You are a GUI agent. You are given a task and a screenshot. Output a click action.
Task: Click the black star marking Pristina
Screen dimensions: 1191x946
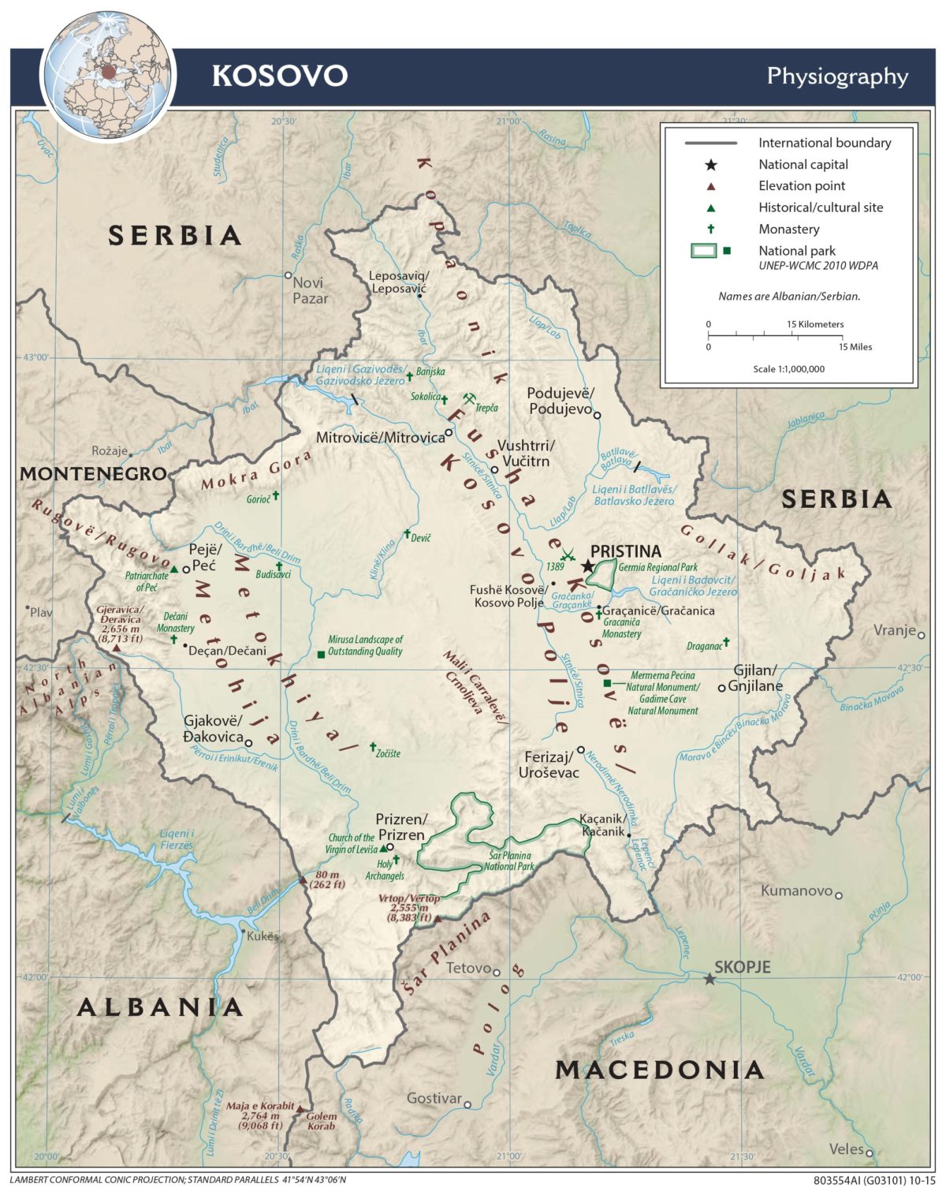click(588, 566)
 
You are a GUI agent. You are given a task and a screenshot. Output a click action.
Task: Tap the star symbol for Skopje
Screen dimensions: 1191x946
click(709, 979)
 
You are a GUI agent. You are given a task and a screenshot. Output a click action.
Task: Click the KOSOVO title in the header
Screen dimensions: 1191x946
click(280, 76)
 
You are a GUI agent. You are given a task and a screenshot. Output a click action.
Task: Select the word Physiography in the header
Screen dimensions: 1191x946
click(837, 76)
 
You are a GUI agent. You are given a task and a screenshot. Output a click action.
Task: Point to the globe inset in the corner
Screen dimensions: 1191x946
click(107, 74)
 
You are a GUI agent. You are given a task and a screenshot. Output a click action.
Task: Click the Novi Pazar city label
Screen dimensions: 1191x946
click(309, 290)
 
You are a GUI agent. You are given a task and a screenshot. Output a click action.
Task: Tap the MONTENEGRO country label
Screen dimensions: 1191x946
click(93, 473)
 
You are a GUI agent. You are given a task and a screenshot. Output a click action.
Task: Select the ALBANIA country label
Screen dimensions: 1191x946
click(161, 1007)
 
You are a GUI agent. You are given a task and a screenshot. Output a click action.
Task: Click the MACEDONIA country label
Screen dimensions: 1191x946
click(660, 1070)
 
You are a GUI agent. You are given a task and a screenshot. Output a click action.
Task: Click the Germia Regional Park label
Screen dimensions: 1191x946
click(658, 567)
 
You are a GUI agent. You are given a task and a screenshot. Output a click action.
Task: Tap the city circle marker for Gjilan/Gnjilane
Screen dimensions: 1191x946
click(721, 688)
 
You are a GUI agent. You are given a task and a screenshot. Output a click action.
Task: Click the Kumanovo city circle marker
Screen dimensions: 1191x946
click(839, 895)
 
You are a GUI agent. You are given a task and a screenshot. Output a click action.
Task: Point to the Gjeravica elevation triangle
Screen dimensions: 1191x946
click(117, 648)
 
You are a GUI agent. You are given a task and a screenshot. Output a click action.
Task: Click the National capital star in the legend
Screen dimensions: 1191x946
click(710, 165)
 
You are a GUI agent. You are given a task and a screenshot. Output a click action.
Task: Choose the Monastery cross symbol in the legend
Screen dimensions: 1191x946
click(710, 229)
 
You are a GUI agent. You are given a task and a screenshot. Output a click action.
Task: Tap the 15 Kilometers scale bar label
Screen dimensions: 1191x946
click(814, 324)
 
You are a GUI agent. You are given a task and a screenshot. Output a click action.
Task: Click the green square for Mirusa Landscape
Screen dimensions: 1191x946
click(321, 654)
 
